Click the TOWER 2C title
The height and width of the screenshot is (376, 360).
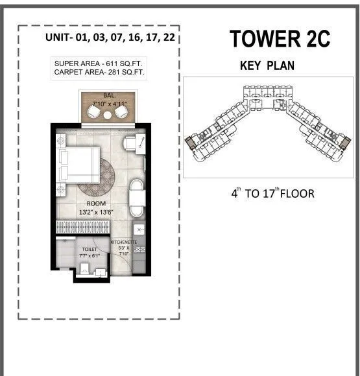[279, 39]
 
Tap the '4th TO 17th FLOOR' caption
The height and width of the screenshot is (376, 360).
[272, 193]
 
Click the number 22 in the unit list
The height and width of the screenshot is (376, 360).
[168, 38]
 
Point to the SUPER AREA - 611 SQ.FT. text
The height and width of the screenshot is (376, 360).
[100, 63]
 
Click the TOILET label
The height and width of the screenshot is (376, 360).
[89, 249]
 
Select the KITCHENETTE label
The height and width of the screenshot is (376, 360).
[124, 242]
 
